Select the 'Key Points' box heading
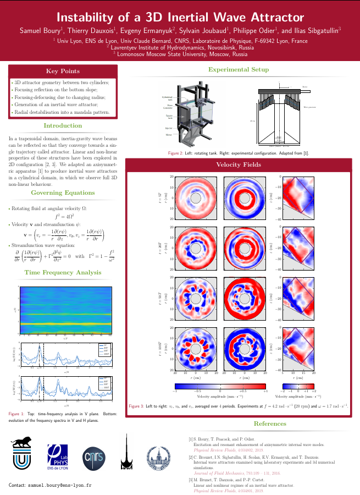63,71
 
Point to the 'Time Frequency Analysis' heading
63,272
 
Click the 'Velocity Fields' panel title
238,164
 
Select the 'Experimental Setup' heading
238,69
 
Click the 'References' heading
269,424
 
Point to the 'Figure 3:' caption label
136,405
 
